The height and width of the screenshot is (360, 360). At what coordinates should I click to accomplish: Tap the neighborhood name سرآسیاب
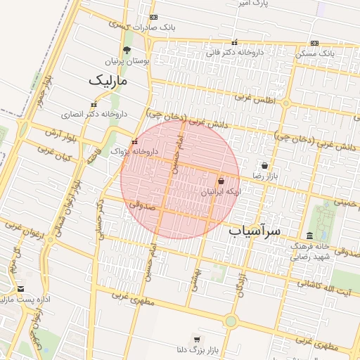255,231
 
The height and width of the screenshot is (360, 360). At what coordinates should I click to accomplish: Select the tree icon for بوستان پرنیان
127,50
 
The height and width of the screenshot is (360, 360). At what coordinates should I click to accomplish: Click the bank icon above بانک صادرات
154,17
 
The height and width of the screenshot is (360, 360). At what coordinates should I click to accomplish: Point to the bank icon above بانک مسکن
314,43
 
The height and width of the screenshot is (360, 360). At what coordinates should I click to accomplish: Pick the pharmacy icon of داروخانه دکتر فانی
234,42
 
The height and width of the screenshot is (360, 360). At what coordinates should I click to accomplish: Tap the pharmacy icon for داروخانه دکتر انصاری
94,105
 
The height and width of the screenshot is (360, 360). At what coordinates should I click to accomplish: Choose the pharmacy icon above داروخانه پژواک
134,141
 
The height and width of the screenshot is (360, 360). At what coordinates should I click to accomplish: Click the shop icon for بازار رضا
264,165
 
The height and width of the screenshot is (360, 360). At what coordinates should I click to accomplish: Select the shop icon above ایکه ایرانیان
221,181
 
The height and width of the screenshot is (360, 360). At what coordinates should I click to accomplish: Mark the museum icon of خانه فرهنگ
309,236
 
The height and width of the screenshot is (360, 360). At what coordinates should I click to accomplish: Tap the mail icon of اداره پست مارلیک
20,289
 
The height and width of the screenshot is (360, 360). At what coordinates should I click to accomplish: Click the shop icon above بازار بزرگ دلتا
196,338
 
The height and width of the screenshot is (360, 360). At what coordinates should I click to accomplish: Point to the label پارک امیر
251,4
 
